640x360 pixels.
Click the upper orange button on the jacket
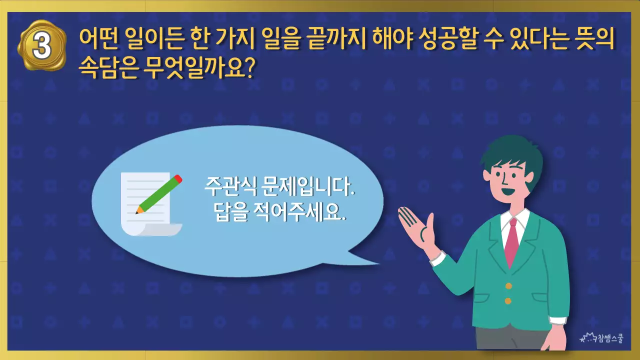click(508, 286)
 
